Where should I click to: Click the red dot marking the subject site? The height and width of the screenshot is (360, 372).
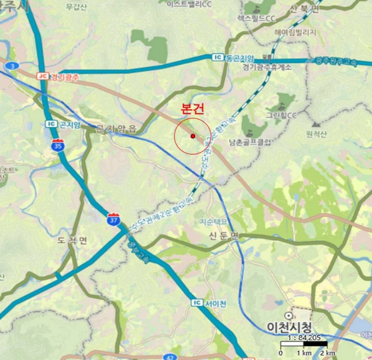193,136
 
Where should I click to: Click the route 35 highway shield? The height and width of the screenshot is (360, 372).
57,144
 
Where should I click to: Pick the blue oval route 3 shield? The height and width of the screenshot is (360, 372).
11,65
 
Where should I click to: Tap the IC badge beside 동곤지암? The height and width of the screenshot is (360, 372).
217,57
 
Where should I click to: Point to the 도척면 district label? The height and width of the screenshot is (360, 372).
72,241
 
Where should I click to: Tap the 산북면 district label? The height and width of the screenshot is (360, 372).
304,8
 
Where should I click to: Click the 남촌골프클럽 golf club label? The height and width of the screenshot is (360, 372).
250,142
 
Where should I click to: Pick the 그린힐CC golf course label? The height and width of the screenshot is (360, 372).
282,114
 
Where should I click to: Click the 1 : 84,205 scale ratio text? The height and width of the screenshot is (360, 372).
303,337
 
